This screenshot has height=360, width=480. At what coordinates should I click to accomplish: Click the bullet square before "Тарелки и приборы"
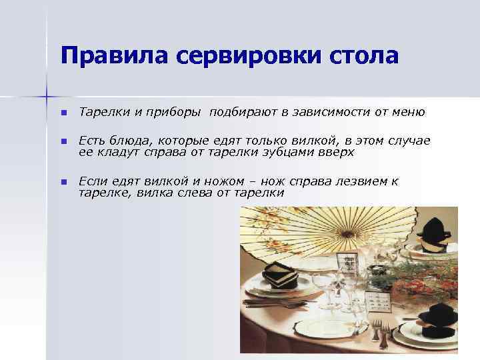pyautogui.click(x=63, y=113)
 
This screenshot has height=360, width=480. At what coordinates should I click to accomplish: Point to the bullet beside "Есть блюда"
pyautogui.click(x=63, y=142)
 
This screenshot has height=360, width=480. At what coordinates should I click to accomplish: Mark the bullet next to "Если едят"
pyautogui.click(x=63, y=182)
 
